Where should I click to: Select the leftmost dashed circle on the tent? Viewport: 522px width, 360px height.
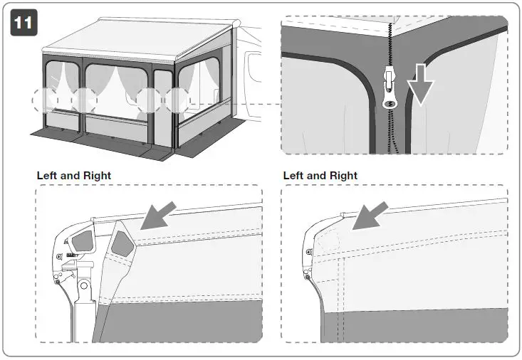tap(46, 100)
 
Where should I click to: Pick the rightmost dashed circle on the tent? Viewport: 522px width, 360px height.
tap(179, 100)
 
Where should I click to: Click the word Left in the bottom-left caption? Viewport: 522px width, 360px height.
tap(48, 176)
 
